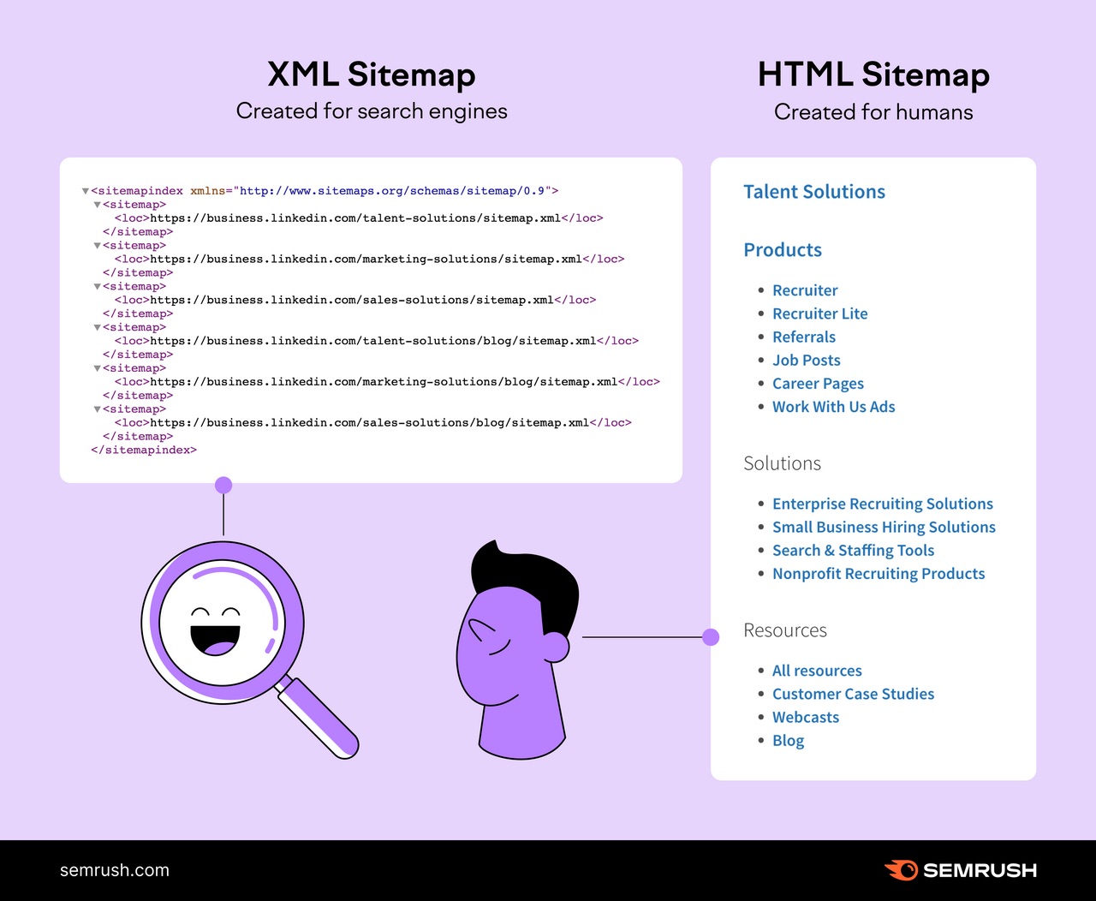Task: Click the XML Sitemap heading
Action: [371, 75]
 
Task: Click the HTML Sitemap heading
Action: [873, 75]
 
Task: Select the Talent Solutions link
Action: [813, 192]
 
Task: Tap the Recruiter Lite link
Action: [819, 313]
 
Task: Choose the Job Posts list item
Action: [806, 361]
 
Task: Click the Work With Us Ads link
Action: [833, 407]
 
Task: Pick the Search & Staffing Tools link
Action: [853, 551]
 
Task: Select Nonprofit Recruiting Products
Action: [878, 574]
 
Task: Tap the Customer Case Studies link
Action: [853, 694]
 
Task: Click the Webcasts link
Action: [805, 718]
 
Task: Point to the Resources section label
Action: [785, 630]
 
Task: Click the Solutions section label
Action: [782, 463]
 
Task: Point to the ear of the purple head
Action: [556, 647]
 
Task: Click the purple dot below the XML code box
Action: [223, 486]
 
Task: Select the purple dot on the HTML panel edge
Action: [711, 637]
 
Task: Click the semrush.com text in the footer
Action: [115, 870]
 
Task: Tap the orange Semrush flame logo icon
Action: [901, 870]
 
